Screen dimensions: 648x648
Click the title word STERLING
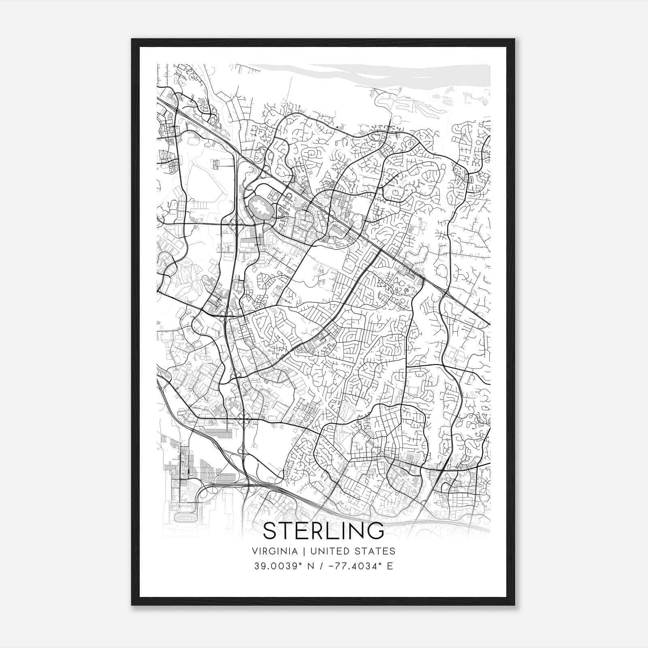[324, 531]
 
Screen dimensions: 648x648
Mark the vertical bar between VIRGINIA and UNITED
[298, 551]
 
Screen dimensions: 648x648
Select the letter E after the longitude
[390, 566]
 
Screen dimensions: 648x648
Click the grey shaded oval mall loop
[260, 208]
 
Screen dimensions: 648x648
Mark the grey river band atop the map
[364, 75]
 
